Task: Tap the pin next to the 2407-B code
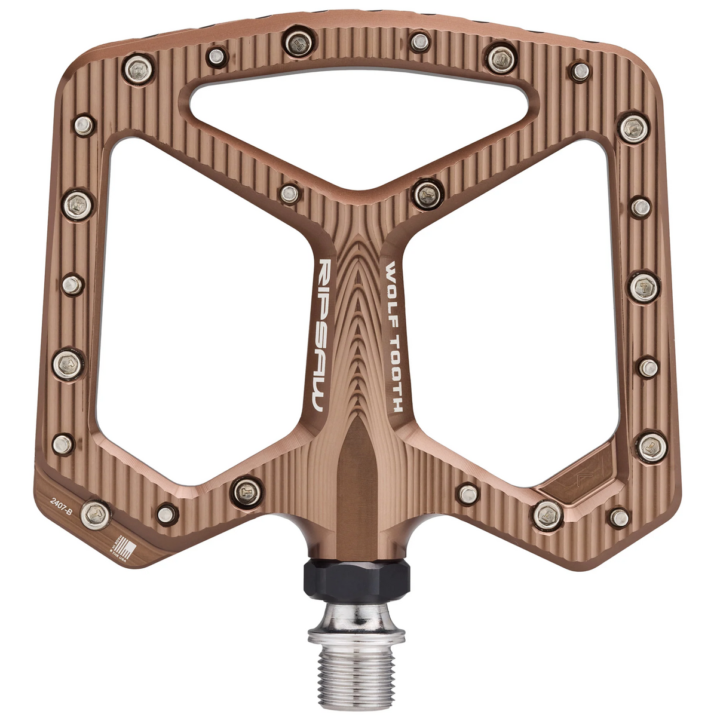click(x=96, y=513)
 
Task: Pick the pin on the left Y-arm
click(x=290, y=193)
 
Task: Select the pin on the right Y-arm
click(x=427, y=193)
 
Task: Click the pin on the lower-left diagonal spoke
click(x=246, y=490)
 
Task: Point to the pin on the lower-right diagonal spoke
click(x=467, y=494)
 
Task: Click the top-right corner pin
click(x=578, y=71)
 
